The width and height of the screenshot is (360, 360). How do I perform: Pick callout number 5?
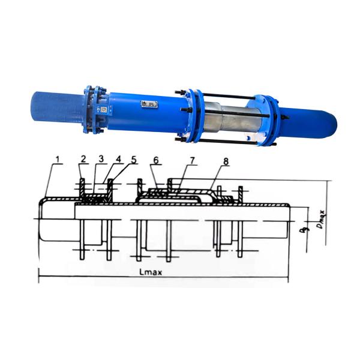(134, 160)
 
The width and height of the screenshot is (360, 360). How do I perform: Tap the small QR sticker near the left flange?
(103, 110)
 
